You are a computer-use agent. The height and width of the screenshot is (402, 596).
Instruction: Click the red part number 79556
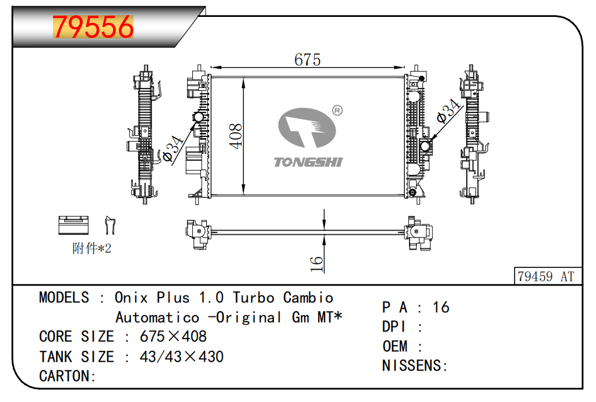[93, 27]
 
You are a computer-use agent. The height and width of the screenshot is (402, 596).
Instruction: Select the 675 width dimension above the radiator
[308, 59]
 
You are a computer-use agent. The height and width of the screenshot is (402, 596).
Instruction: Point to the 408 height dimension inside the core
[235, 136]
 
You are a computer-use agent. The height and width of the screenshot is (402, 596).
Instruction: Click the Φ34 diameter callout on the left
[174, 149]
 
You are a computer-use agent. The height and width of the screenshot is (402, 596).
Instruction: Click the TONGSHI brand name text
[308, 162]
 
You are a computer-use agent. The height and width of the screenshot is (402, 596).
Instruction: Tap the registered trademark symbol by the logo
[337, 111]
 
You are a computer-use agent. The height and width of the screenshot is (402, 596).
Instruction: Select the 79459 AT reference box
[546, 276]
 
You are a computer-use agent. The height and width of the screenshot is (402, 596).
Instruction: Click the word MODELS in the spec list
[64, 298]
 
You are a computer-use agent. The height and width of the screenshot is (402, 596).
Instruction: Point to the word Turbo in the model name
[254, 298]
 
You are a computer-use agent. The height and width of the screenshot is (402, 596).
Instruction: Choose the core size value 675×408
[173, 337]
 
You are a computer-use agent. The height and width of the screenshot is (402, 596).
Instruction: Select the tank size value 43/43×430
[181, 357]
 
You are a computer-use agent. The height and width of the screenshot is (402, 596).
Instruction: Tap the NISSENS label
[414, 366]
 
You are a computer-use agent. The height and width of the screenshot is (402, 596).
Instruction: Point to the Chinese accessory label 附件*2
[91, 249]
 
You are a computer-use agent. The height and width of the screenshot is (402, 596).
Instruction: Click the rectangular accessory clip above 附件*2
[73, 225]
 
